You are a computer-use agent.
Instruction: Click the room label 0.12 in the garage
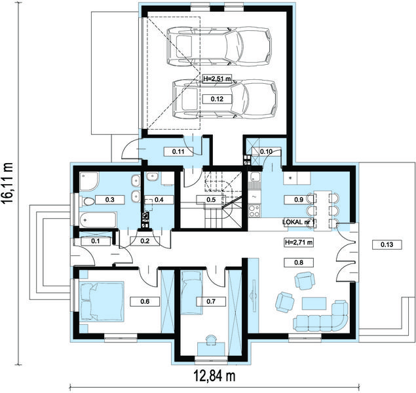tap(217, 99)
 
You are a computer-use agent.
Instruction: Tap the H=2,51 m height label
tap(217, 79)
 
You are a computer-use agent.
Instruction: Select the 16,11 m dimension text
tap(8, 183)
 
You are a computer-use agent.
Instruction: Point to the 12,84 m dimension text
tap(214, 375)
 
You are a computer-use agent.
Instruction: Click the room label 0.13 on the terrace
tap(387, 244)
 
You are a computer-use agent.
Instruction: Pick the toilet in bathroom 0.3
tap(88, 202)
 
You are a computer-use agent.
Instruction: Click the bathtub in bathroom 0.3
tap(98, 219)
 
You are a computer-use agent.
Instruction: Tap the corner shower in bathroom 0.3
tap(89, 181)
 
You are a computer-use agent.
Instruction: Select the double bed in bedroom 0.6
tap(102, 301)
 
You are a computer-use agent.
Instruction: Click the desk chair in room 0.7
tap(211, 339)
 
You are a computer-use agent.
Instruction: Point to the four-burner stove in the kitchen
tap(254, 210)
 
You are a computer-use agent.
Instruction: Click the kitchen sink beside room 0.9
tap(255, 178)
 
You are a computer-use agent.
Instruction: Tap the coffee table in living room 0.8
tap(314, 304)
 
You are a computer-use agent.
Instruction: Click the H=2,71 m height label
tap(299, 242)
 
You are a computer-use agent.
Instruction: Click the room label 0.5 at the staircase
tap(211, 200)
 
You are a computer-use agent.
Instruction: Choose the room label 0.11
tap(178, 152)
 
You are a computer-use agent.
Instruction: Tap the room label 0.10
tap(266, 152)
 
